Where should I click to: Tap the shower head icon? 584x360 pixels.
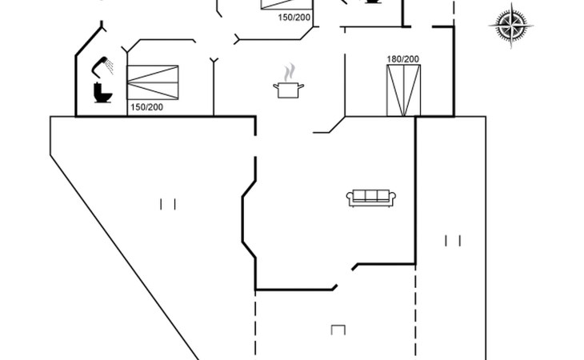(102, 62)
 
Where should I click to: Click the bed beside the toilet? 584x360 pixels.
(154, 82)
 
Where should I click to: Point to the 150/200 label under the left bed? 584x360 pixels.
(146, 107)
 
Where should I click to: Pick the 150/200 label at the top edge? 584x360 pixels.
(294, 17)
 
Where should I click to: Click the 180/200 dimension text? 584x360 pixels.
(403, 59)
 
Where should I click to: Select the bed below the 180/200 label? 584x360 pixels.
(403, 90)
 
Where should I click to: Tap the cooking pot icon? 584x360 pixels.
(288, 89)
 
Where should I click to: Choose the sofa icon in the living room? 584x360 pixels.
(370, 198)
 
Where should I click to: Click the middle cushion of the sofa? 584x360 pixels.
(370, 196)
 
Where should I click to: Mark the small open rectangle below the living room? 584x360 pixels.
(338, 330)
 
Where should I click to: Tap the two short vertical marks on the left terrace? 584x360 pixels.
(168, 204)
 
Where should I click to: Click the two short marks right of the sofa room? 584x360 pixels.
(454, 240)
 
